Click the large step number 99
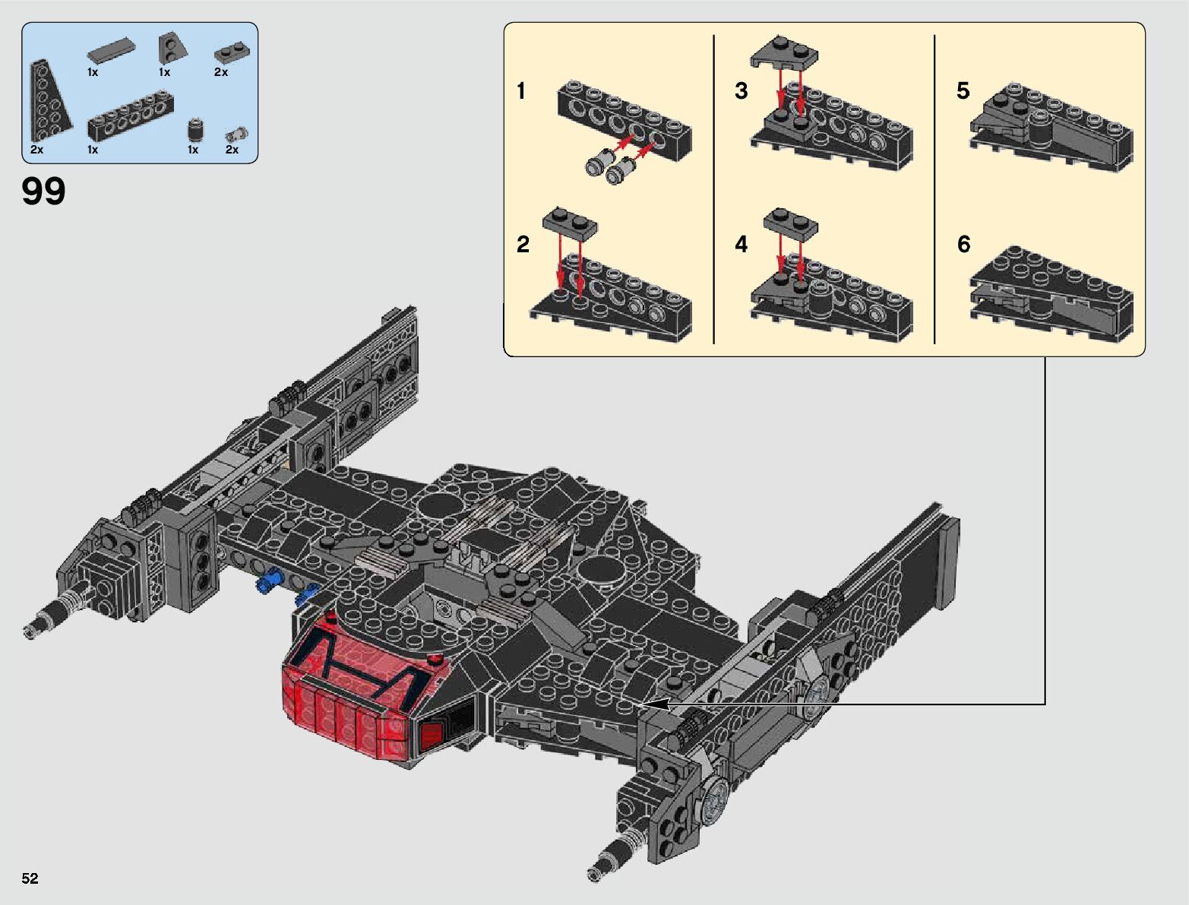point(43,191)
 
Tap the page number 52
point(30,878)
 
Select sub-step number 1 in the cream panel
point(521,91)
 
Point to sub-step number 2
point(523,244)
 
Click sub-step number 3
point(741,91)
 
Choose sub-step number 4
point(741,244)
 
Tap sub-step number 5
point(963,91)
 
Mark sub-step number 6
point(963,244)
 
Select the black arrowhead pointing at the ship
point(656,704)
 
